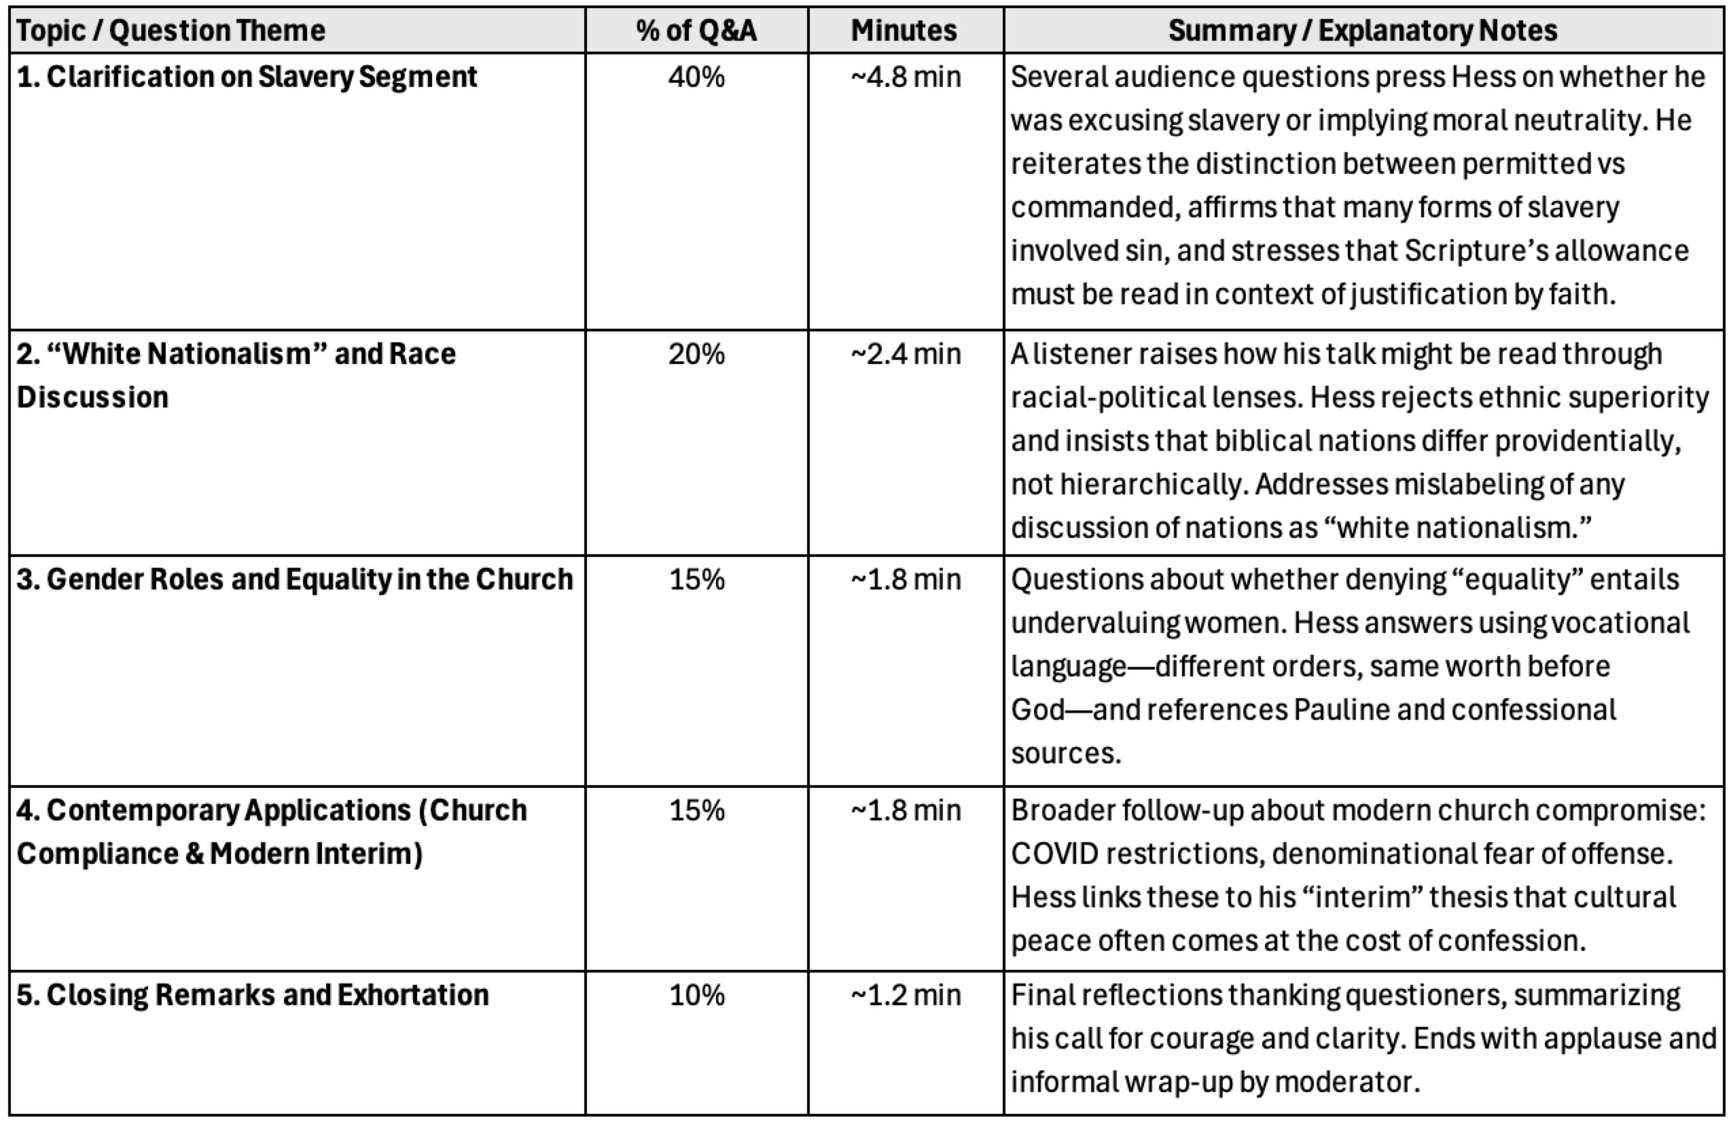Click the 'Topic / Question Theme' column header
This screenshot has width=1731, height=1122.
(x=171, y=31)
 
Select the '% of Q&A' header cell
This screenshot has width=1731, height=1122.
(x=696, y=31)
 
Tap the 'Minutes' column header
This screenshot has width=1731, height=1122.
(x=904, y=31)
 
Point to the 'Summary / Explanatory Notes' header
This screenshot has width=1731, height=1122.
(x=1362, y=31)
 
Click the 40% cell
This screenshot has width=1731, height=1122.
(x=696, y=77)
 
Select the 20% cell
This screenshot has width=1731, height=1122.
(x=696, y=354)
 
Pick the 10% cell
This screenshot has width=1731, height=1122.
(x=696, y=995)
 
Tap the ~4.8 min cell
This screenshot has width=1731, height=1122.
(x=906, y=77)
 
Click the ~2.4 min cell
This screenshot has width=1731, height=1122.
(x=906, y=354)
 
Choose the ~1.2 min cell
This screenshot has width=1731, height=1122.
(x=906, y=995)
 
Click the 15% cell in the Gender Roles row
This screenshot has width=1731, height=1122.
(x=696, y=579)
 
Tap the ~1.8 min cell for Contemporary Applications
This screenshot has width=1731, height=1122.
(x=906, y=810)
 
